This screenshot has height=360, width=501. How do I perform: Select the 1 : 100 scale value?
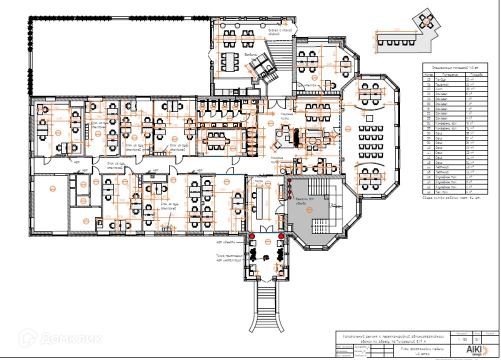click(x=457, y=339)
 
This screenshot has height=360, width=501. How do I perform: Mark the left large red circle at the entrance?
click(x=252, y=236)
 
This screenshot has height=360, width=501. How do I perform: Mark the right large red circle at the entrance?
click(x=281, y=236)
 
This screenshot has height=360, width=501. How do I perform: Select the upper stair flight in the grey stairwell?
click(x=317, y=187)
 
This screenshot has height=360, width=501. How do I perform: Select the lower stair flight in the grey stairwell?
click(x=320, y=222)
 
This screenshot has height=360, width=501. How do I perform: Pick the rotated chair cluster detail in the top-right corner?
click(x=426, y=20)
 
